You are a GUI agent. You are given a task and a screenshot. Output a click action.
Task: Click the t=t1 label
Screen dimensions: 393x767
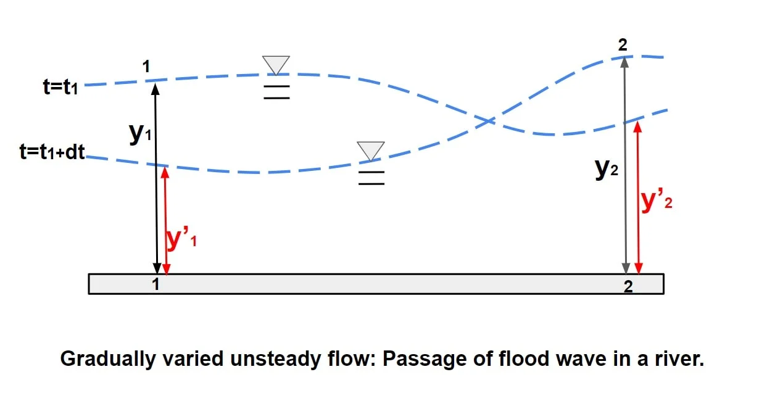(60, 86)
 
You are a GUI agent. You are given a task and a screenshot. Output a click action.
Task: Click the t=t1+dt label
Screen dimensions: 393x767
(52, 152)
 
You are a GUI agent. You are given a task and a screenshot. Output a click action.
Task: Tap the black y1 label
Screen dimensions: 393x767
(140, 134)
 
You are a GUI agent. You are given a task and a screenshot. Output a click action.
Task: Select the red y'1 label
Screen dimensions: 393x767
(181, 239)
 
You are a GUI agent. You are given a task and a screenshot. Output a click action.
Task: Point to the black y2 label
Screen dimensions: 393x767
(607, 168)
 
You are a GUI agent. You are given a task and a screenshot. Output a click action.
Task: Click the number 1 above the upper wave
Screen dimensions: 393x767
(146, 66)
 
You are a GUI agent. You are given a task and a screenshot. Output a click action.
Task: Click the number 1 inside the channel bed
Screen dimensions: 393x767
(156, 284)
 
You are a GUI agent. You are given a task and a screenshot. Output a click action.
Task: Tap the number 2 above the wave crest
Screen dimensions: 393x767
(624, 44)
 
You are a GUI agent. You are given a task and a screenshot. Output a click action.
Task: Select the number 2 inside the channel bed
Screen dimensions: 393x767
(628, 286)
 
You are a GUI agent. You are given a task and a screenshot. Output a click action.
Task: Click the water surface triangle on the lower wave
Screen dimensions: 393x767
(371, 150)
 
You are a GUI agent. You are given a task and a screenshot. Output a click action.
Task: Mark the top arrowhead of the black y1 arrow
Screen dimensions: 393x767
(155, 88)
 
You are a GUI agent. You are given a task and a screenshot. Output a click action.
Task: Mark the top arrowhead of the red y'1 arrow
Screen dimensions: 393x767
(165, 172)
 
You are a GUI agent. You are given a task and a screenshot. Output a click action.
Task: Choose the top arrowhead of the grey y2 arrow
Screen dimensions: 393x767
(625, 61)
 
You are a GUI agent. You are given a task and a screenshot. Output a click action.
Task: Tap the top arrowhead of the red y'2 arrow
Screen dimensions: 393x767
(638, 126)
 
